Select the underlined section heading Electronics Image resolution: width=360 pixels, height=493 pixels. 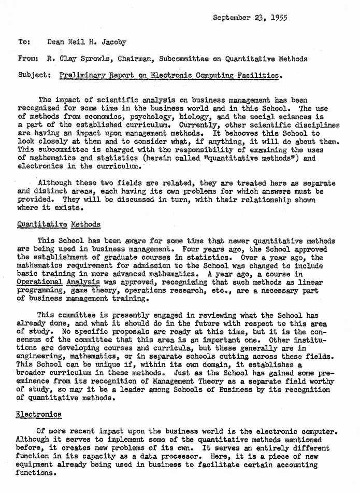tap(39, 414)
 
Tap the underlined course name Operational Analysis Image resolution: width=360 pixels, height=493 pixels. tap(59, 282)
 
